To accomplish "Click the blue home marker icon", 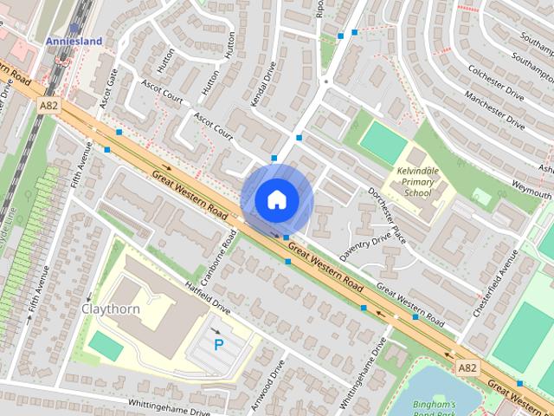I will pyautogui.click(x=276, y=199).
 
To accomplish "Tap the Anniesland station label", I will pyautogui.click(x=74, y=41).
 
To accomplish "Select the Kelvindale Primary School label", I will pyautogui.click(x=417, y=181).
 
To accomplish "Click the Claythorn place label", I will pyautogui.click(x=111, y=309).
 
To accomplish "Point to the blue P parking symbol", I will pyautogui.click(x=219, y=344).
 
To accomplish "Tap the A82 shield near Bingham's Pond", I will pyautogui.click(x=467, y=367).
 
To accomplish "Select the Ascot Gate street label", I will pyautogui.click(x=108, y=89).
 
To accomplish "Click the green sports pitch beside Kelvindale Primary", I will pyautogui.click(x=383, y=141).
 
